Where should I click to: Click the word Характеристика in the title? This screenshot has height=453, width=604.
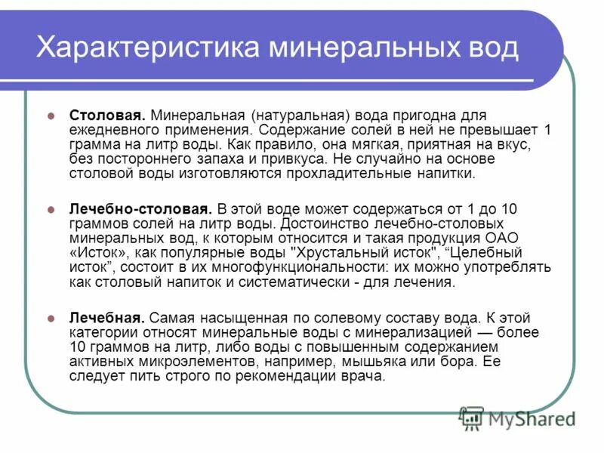pos(143,48)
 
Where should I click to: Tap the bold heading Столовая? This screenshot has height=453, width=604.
pos(106,116)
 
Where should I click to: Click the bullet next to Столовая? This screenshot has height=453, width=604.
pos(51,116)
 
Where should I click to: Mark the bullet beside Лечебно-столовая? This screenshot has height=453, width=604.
pos(51,210)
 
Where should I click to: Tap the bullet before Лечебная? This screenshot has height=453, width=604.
pos(51,318)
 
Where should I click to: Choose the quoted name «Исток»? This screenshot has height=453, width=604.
pos(99,253)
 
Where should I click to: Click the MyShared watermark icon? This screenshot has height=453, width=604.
pos(472,417)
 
